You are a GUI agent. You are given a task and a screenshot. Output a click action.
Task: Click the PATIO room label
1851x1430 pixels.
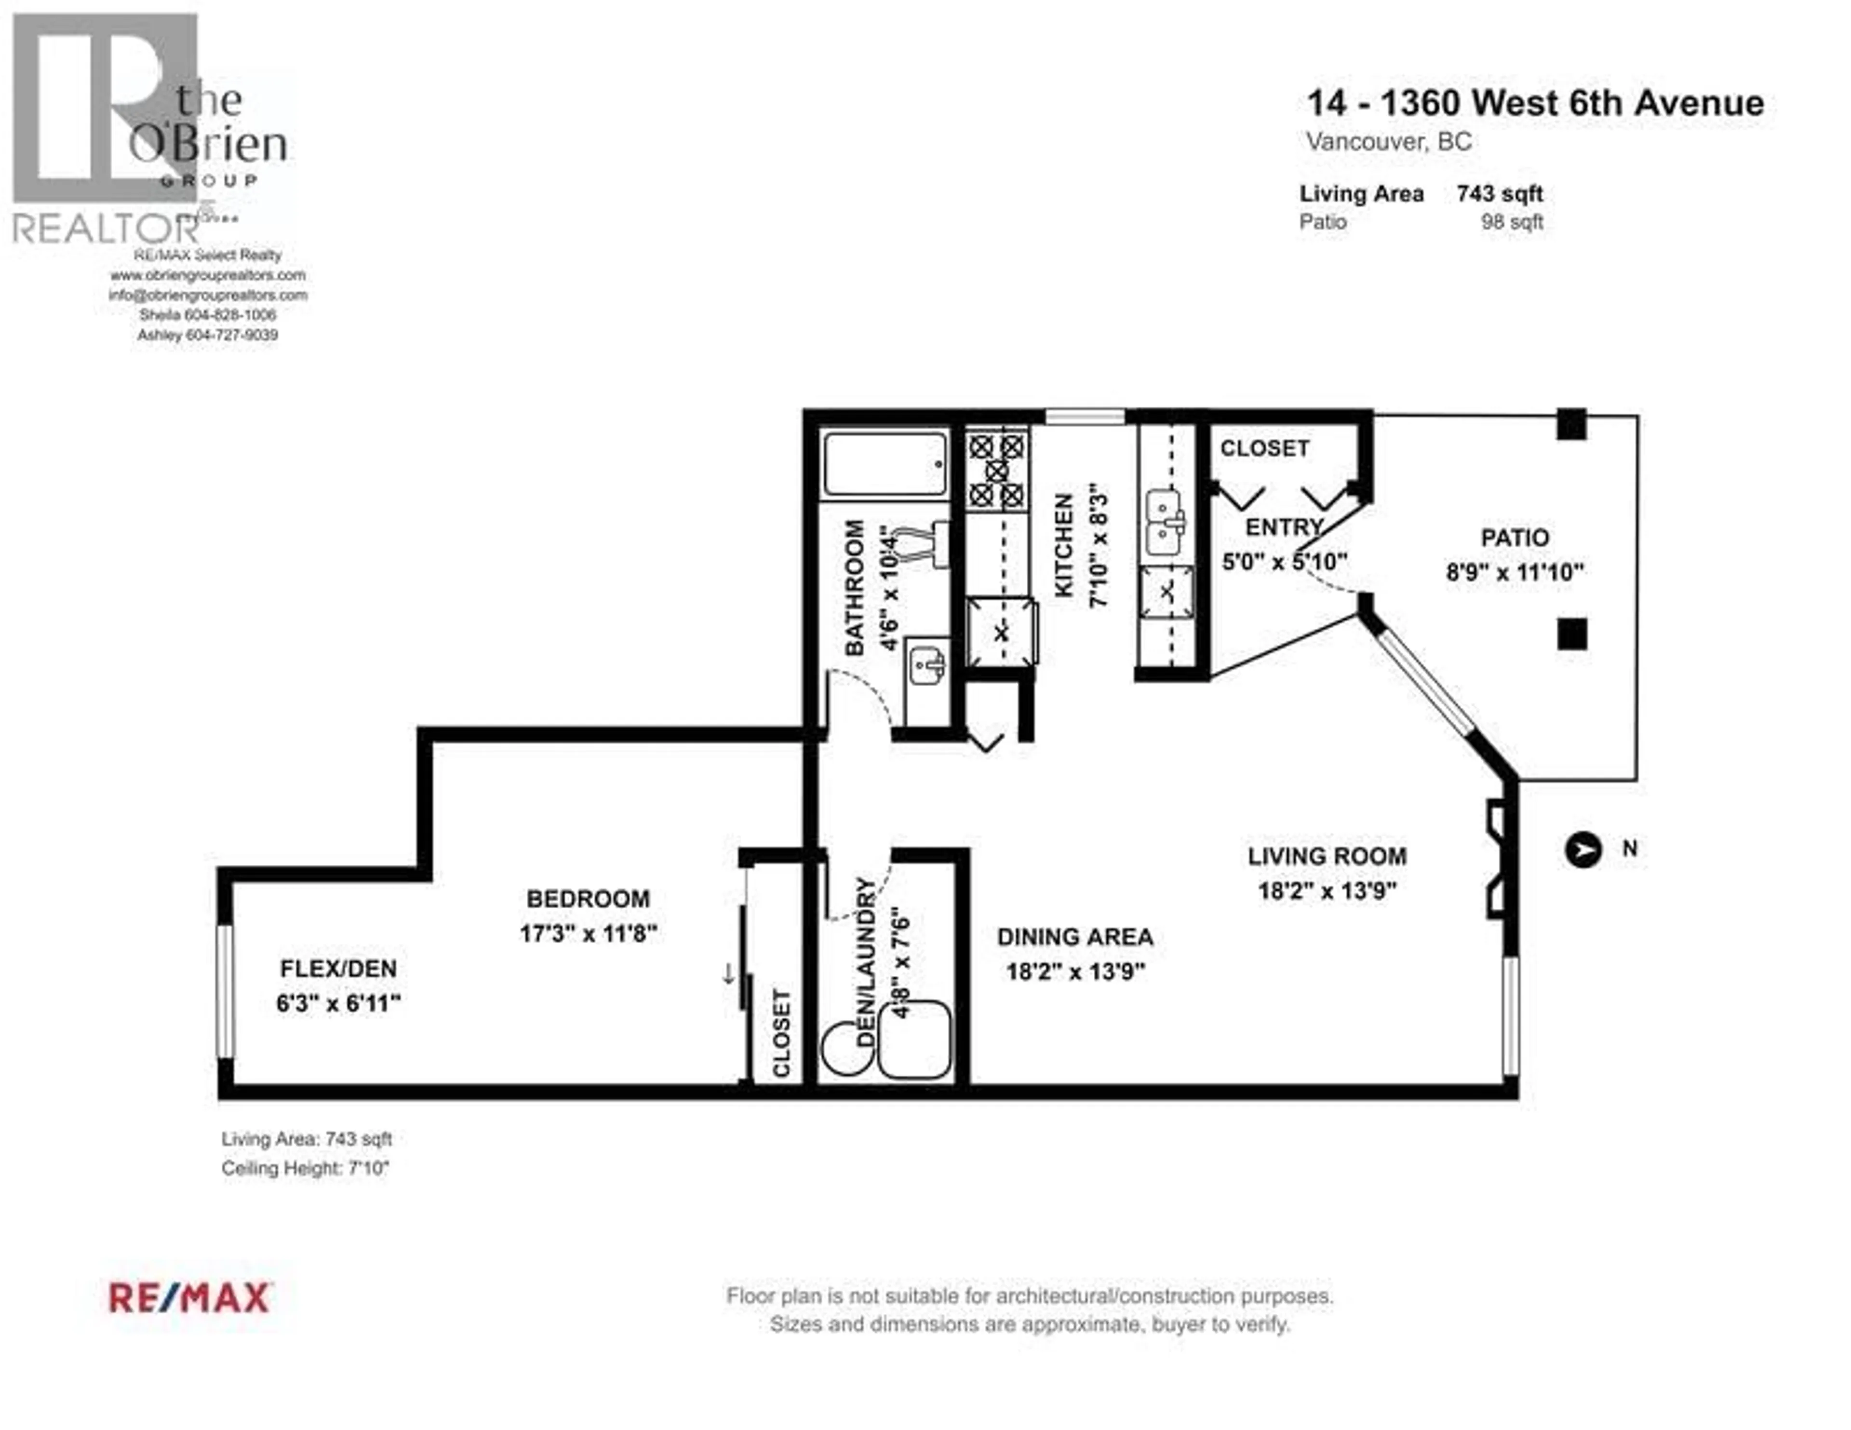1515,538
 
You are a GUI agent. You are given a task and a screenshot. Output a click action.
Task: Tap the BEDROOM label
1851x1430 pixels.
588,899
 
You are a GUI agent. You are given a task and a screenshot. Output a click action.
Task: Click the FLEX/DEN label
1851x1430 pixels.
338,968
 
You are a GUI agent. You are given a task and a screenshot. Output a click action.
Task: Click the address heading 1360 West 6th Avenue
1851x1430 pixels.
1535,103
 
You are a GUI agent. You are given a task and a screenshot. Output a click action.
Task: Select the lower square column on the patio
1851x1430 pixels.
1571,633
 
